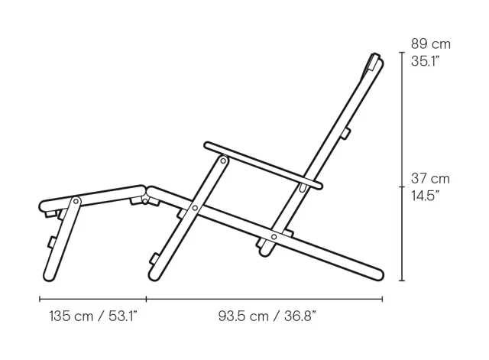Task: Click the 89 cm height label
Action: (430, 44)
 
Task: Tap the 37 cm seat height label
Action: (430, 178)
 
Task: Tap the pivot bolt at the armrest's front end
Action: (223, 161)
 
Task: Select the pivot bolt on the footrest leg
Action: (76, 202)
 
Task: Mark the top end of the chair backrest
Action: (374, 58)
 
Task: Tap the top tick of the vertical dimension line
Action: (402, 53)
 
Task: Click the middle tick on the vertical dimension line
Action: (402, 186)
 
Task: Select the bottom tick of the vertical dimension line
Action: (402, 281)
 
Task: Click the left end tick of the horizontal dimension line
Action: (40, 298)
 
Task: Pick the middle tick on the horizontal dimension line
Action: (147, 298)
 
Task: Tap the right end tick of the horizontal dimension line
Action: (382, 298)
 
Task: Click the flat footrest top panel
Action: (92, 196)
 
